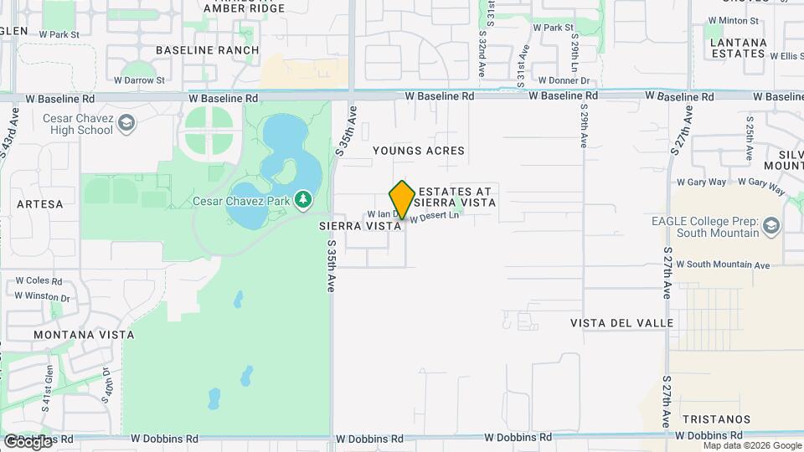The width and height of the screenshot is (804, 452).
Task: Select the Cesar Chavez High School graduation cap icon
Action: [126, 124]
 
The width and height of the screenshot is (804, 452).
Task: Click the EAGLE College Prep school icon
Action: [770, 224]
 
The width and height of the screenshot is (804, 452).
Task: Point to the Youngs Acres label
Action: [419, 151]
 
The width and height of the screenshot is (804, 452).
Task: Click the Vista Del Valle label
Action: [621, 322]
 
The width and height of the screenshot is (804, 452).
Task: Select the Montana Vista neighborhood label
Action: [84, 335]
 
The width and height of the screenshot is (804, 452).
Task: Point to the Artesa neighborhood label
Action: [39, 203]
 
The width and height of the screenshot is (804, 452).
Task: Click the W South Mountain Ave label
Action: [728, 265]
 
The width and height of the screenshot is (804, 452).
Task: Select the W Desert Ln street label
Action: [435, 216]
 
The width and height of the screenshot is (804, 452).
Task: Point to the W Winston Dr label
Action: [42, 295]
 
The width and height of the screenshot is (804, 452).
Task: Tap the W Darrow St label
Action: [140, 80]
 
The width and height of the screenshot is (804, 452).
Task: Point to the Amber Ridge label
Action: [233, 8]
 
